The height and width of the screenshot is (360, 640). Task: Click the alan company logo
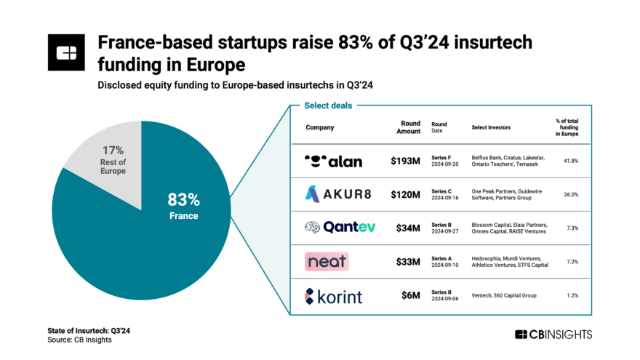click(333, 161)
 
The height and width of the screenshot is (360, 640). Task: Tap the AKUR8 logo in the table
click(333, 194)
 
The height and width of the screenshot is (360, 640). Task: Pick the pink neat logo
click(327, 261)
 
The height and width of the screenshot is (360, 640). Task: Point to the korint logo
click(333, 296)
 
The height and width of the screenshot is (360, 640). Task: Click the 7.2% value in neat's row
click(571, 261)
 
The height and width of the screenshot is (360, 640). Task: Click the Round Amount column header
click(410, 127)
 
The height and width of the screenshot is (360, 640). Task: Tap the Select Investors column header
click(491, 127)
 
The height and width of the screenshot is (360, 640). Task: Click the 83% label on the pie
click(183, 200)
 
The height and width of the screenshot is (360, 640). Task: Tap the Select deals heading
click(328, 105)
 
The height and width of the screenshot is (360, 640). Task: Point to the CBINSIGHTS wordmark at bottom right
click(553, 335)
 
